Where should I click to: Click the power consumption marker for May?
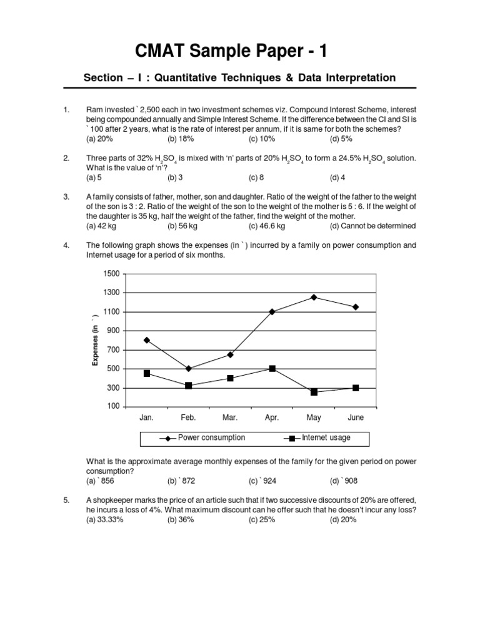click(x=314, y=297)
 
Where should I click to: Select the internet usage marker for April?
click(x=272, y=369)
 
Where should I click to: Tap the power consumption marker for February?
click(x=188, y=369)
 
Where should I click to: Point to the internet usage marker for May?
click(x=314, y=392)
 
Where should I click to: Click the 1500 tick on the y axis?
click(x=111, y=274)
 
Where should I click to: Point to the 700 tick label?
click(x=112, y=350)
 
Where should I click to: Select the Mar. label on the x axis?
click(x=230, y=417)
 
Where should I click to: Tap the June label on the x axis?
click(x=355, y=417)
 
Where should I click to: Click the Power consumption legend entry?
click(x=211, y=438)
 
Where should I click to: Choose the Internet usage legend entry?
click(x=326, y=438)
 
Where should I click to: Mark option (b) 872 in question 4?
click(x=181, y=481)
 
